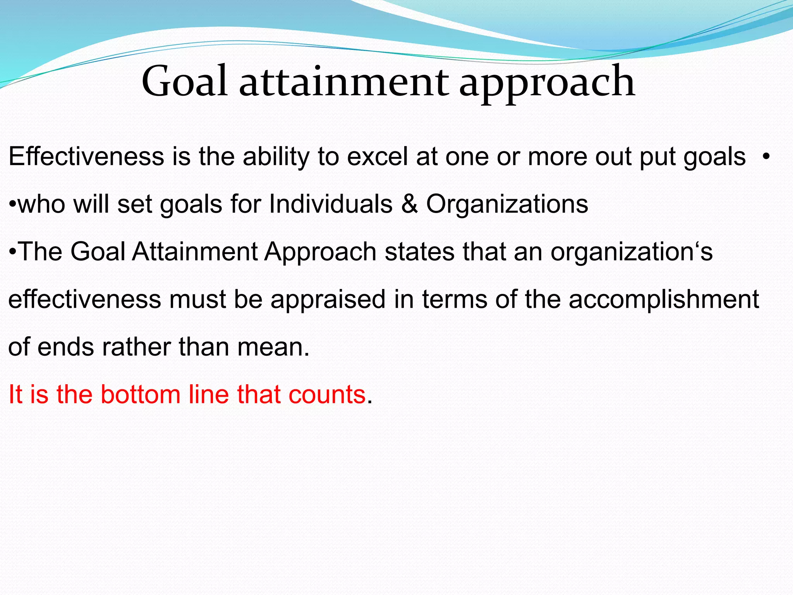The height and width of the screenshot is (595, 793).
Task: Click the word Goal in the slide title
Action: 184,81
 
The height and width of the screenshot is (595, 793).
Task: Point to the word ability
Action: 276,157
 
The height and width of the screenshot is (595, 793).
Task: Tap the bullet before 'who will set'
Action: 12,204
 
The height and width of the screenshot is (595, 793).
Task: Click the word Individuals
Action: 331,204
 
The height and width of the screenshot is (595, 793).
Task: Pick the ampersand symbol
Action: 409,204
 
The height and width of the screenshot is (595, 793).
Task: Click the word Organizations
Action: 507,205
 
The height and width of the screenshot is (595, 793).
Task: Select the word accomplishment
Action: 664,299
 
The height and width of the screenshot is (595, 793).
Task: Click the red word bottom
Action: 141,394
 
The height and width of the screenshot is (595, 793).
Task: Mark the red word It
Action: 15,394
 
